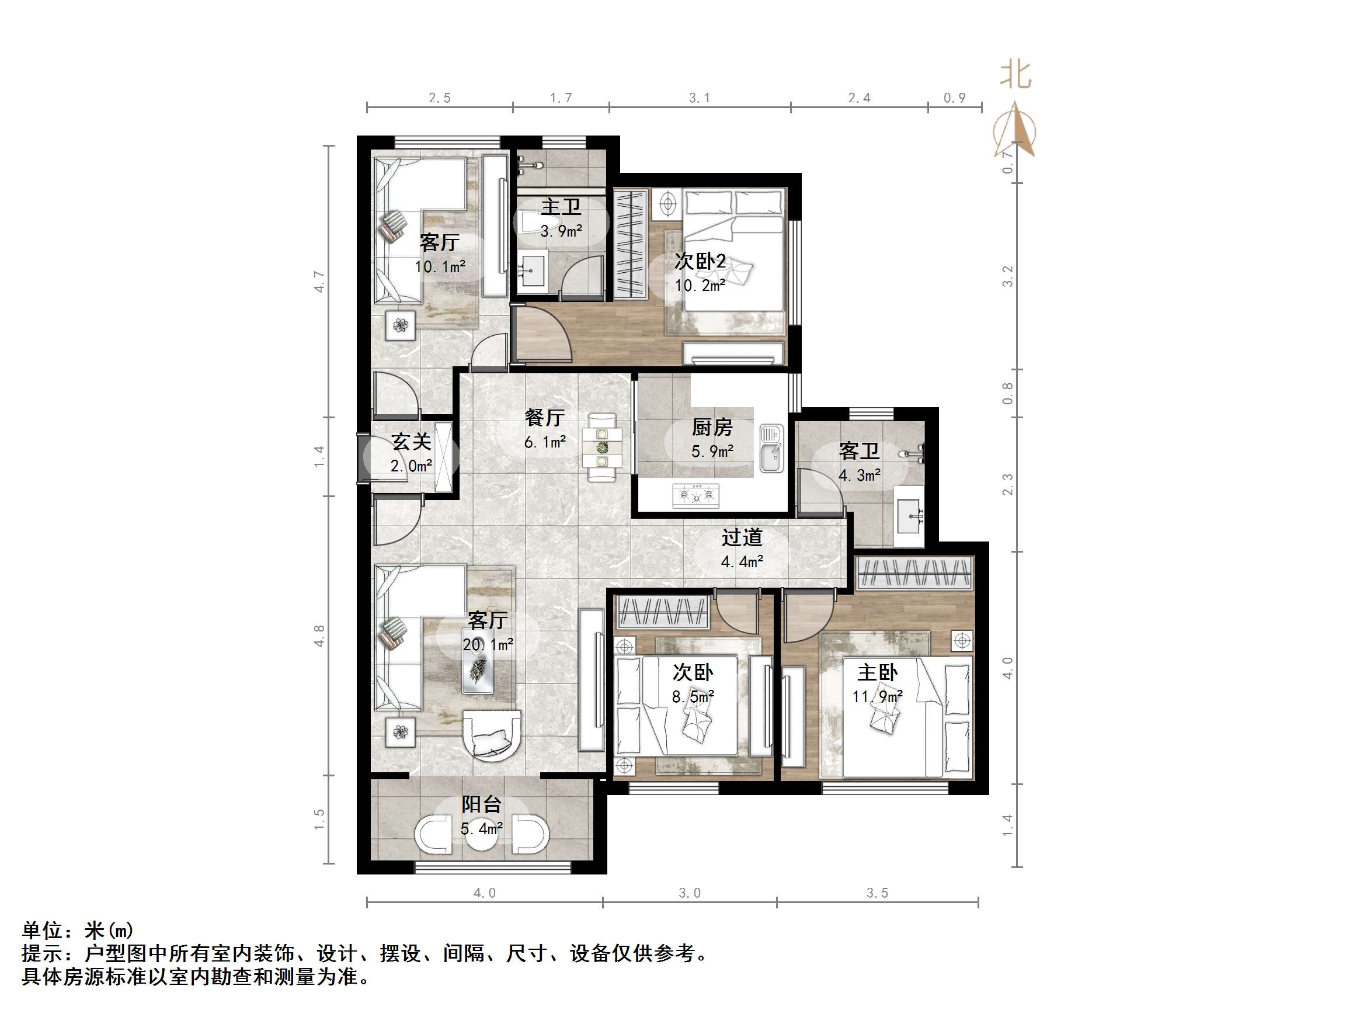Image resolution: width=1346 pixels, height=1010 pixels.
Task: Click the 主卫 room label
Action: [561, 207]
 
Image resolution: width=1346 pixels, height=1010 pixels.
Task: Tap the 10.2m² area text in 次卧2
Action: [700, 286]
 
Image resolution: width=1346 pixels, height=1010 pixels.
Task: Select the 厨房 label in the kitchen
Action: [712, 428]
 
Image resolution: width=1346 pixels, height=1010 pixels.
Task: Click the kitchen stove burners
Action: [696, 495]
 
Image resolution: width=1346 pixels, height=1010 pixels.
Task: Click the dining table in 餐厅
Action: [602, 447]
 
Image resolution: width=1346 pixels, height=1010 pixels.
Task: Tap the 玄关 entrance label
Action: [411, 442]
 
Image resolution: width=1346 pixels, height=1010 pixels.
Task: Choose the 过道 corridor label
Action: [742, 537]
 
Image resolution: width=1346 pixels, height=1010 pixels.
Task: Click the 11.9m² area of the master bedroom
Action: [877, 696]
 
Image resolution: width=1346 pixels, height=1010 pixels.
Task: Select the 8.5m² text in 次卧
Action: [693, 696]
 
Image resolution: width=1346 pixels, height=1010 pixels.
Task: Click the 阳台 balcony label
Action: [481, 805]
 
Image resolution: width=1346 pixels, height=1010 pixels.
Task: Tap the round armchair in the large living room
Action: [492, 735]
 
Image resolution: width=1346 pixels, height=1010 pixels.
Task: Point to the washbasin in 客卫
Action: [909, 516]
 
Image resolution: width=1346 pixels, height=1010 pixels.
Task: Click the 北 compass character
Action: [1015, 75]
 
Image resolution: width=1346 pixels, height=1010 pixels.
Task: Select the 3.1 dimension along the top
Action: [699, 98]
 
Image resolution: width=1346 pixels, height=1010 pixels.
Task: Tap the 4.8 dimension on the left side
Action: [319, 636]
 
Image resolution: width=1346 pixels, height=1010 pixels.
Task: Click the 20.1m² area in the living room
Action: [488, 645]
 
